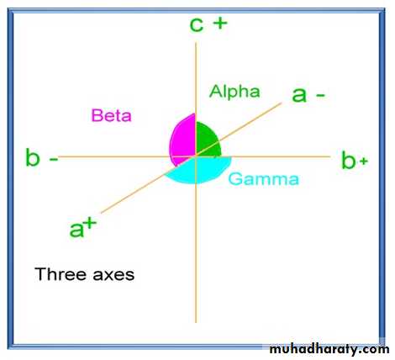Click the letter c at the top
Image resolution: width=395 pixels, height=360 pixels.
click(x=197, y=24)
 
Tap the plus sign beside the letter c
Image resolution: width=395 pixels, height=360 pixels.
click(x=220, y=23)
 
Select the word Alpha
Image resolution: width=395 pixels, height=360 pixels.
click(x=234, y=92)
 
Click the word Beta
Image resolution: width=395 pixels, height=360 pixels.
click(x=112, y=115)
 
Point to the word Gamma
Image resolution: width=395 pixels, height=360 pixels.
click(x=264, y=179)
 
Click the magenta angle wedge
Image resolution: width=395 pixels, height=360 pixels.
click(x=183, y=139)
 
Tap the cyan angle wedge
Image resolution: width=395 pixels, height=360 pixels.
click(x=200, y=170)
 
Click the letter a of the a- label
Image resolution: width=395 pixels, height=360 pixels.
click(x=299, y=95)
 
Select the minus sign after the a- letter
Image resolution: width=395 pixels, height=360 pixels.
click(x=320, y=95)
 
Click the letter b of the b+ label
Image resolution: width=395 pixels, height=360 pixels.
click(x=349, y=160)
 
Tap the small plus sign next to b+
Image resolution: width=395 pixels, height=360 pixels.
click(x=363, y=161)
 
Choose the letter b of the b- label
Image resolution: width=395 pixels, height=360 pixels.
click(x=33, y=157)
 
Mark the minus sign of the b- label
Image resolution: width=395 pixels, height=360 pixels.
click(x=54, y=159)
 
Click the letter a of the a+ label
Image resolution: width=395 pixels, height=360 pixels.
click(x=76, y=230)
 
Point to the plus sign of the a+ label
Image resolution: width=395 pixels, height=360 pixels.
click(x=90, y=224)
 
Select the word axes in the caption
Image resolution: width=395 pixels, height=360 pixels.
click(x=113, y=275)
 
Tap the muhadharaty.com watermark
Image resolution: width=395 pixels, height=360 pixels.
click(x=329, y=349)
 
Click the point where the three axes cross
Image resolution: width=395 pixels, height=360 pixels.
click(x=196, y=156)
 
